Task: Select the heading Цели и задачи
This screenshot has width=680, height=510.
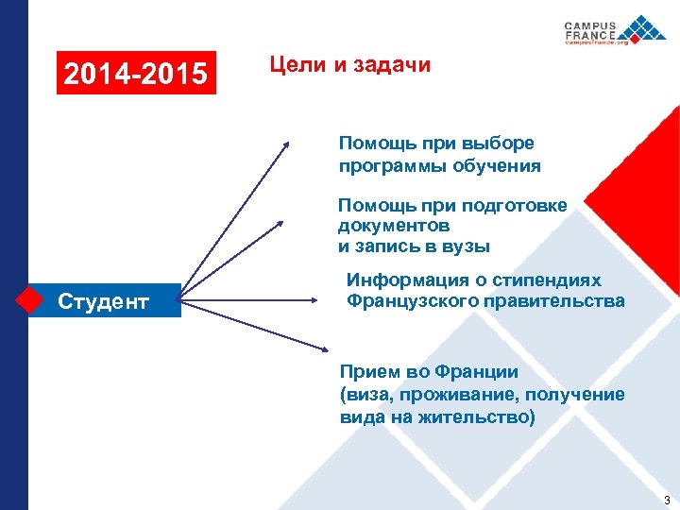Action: [x=349, y=65]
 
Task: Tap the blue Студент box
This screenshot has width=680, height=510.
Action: [x=104, y=301]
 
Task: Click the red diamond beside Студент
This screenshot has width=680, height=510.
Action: [x=30, y=300]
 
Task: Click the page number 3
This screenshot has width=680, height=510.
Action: [x=667, y=499]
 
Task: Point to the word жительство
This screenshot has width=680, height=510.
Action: [x=480, y=416]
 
